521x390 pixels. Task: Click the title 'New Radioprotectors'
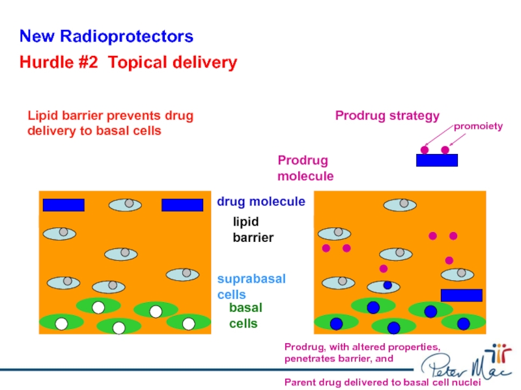[106, 36]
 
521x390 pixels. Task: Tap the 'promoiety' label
[478, 126]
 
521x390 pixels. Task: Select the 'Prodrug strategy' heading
[387, 116]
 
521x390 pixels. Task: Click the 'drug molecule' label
[260, 201]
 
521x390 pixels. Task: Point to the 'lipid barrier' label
[253, 229]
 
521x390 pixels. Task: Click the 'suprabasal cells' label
[251, 286]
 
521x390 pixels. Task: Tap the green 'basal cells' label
[246, 315]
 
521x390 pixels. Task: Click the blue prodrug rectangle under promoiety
[436, 160]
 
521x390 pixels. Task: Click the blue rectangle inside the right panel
[461, 295]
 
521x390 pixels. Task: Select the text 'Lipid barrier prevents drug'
[110, 116]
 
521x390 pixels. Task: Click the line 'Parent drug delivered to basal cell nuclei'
[382, 382]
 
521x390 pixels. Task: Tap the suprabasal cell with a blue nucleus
[384, 286]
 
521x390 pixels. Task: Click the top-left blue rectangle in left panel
[63, 205]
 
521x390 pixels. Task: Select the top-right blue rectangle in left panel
[182, 205]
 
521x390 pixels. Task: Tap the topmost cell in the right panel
[400, 205]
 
